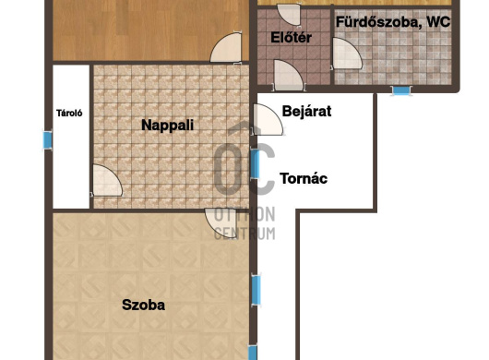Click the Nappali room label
click(x=168, y=126)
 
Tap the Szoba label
click(x=143, y=305)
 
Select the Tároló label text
click(x=69, y=113)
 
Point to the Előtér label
click(x=291, y=38)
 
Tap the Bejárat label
click(x=306, y=112)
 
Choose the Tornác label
click(x=304, y=178)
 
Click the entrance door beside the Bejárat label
click(x=268, y=120)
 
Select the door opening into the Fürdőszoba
click(x=347, y=54)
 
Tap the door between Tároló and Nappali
click(x=107, y=181)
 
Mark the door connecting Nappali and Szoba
click(x=221, y=223)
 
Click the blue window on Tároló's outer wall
click(x=47, y=140)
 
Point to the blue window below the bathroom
click(x=401, y=90)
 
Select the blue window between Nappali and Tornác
click(x=255, y=163)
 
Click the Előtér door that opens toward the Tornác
click(x=289, y=75)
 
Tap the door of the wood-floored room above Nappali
click(x=226, y=47)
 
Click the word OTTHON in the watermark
click(x=244, y=214)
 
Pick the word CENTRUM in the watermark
click(x=244, y=234)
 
